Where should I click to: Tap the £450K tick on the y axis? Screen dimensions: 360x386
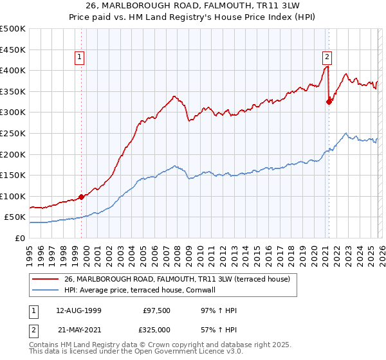point(13,50)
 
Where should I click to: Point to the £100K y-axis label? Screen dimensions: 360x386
point(13,196)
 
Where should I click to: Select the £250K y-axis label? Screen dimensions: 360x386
point(13,133)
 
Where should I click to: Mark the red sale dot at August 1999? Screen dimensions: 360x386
point(81,197)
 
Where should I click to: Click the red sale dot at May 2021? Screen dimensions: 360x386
point(329,101)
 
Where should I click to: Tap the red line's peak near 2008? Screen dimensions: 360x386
point(174,96)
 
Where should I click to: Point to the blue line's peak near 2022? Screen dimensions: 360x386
point(346,134)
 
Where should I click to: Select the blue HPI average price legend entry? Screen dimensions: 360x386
point(139,290)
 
